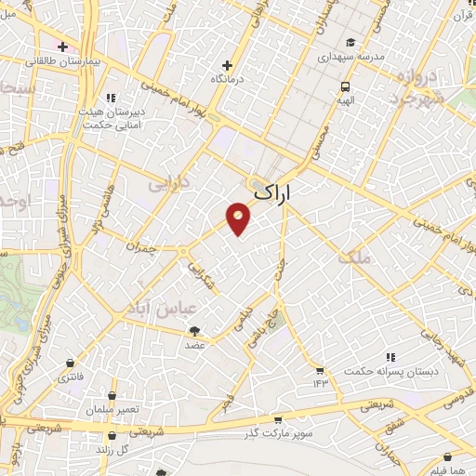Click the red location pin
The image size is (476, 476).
239,218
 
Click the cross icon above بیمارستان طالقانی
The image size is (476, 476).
62,46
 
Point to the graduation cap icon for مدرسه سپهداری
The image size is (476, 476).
350,42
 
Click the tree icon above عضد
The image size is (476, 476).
194,330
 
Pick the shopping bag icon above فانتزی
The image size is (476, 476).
71,364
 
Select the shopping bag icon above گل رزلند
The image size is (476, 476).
112,435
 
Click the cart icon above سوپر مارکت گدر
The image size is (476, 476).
277,420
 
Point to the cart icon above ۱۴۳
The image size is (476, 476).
320,369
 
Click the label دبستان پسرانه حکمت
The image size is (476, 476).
390,370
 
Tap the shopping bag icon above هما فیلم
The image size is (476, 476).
449,456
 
